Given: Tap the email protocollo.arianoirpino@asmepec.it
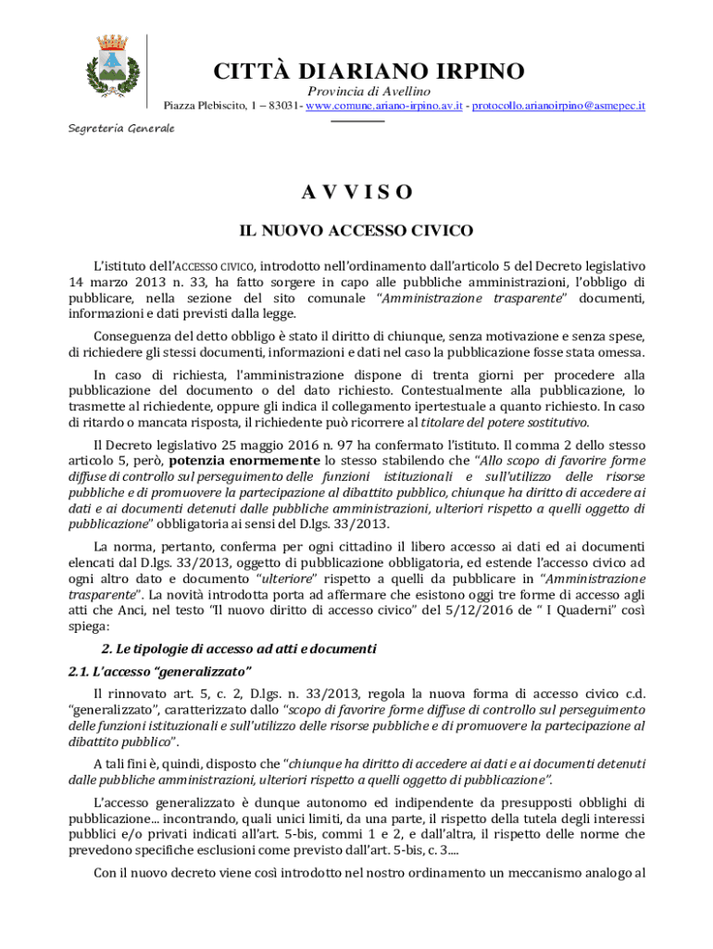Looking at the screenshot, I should tap(558, 107).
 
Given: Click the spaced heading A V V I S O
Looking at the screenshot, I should tap(356, 193).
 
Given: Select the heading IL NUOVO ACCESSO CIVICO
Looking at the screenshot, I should tap(356, 230).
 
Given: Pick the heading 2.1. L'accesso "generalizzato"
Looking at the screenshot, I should tap(160, 671).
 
